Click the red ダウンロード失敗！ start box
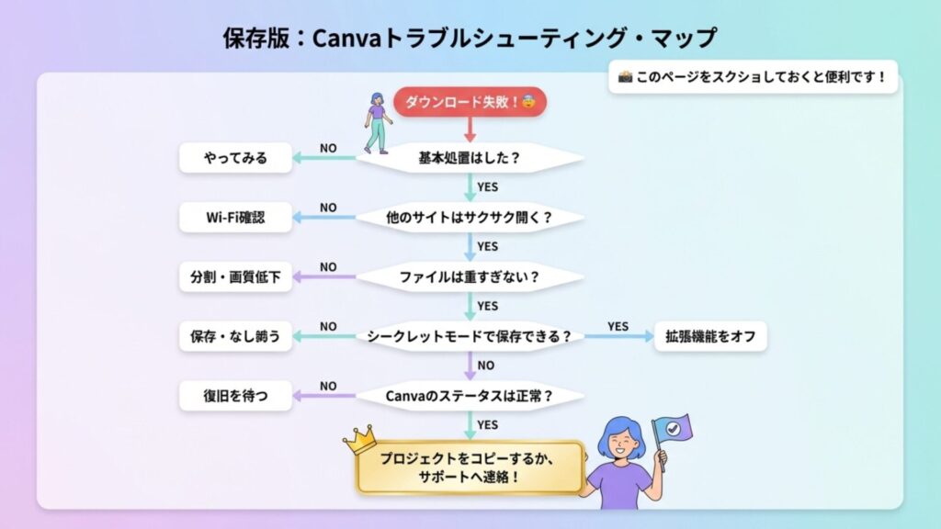coord(470,102)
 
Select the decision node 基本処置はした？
coord(470,158)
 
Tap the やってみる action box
coord(235,158)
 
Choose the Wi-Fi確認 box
coord(235,218)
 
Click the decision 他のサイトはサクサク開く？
coord(470,218)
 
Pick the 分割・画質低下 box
coord(235,277)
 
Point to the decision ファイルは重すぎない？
coord(470,277)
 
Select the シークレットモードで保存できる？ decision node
coord(470,336)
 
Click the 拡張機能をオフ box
coord(710,336)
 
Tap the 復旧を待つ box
coord(235,396)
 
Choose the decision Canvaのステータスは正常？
coord(470,396)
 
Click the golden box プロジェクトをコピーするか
coord(470,467)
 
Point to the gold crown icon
coord(360,440)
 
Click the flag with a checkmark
coord(672,430)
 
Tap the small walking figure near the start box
coord(378,123)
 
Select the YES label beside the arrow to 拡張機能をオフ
coord(618,326)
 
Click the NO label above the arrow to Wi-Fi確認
coord(328,208)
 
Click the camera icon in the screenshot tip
coord(625,77)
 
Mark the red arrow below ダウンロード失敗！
coord(470,129)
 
